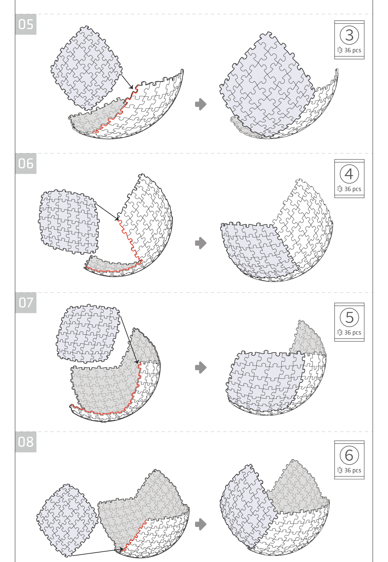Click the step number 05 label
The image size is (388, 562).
(x=26, y=24)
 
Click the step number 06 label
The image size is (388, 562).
(x=26, y=163)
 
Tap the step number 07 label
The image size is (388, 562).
(x=26, y=303)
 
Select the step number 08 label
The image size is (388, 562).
(x=26, y=442)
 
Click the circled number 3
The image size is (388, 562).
(x=349, y=35)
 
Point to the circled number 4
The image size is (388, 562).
(x=349, y=174)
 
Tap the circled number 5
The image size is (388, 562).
(x=349, y=318)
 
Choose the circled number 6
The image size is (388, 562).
(x=349, y=455)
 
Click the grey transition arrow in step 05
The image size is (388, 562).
(x=201, y=104)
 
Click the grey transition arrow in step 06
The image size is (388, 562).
(x=201, y=243)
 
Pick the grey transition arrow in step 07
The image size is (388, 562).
(x=201, y=367)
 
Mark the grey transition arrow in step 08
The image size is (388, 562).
(x=201, y=524)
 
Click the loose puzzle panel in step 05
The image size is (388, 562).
(x=86, y=68)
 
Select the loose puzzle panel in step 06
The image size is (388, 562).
(x=69, y=222)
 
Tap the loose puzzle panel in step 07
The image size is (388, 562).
(x=88, y=333)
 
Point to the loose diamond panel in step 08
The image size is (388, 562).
(x=67, y=520)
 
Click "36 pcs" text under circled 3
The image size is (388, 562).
(x=353, y=51)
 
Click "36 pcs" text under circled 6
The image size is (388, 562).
(x=353, y=470)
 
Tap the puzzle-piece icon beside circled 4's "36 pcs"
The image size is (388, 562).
(x=340, y=189)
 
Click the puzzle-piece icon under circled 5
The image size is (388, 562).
(x=340, y=332)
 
